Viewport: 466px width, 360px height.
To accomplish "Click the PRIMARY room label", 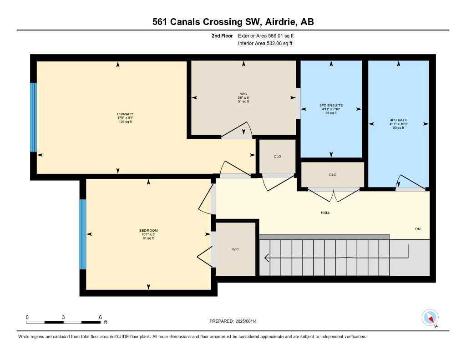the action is tap(125, 114).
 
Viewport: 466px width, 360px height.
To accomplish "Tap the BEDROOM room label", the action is tap(148, 230).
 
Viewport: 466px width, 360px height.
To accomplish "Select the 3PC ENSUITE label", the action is tap(331, 105).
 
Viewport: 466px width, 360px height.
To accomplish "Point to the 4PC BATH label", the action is tap(399, 120).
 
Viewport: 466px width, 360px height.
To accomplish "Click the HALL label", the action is tap(325, 213).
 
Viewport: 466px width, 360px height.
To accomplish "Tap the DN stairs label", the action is tap(418, 229).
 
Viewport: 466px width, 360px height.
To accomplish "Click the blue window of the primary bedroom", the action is tap(34, 117).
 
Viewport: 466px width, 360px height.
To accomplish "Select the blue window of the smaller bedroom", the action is tap(83, 234).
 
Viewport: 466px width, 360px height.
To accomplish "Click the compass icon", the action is tap(430, 318).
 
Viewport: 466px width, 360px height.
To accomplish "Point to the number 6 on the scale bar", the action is tap(101, 317).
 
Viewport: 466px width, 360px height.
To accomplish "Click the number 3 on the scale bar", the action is tap(63, 317).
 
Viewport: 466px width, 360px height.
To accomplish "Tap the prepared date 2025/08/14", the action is tap(246, 321).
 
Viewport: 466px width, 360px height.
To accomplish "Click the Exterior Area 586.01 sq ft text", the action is tap(266, 35).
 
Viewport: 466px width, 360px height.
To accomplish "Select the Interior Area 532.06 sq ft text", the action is tap(265, 43).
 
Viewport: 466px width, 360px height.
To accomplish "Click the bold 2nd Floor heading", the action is tap(222, 35).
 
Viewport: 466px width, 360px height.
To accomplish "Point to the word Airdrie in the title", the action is tap(281, 22).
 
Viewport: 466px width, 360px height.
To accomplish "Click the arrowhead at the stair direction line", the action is tap(266, 258).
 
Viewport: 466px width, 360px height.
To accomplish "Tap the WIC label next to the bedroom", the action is tap(235, 249).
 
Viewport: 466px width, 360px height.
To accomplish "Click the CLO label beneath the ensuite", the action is tap(333, 175).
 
